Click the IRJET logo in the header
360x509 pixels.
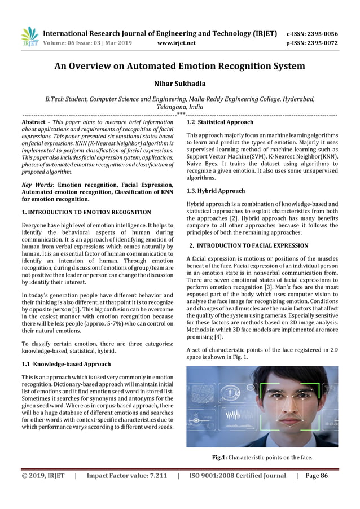29,36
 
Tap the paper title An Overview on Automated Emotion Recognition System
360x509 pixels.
179,66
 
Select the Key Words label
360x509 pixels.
36,185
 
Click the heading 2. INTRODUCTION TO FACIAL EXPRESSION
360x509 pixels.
248,245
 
